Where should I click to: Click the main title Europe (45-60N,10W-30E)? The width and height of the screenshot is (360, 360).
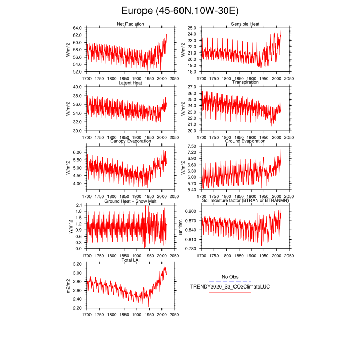point(179,11)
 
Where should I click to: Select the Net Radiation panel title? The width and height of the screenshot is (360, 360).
point(130,24)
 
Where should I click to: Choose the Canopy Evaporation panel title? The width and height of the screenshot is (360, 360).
point(130,141)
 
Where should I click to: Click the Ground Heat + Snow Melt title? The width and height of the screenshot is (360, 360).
point(130,201)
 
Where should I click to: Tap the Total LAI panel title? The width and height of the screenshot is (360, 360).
point(130,261)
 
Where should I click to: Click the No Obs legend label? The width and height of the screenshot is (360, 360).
point(229,277)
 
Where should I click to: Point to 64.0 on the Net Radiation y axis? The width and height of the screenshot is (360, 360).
point(77,28)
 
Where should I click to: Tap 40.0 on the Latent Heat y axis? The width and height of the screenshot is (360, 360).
point(77,87)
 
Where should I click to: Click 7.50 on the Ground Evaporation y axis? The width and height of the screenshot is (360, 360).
point(192,146)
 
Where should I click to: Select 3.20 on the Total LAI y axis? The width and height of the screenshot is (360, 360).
point(77,264)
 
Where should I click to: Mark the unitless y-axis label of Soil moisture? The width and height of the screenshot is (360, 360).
point(181,227)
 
